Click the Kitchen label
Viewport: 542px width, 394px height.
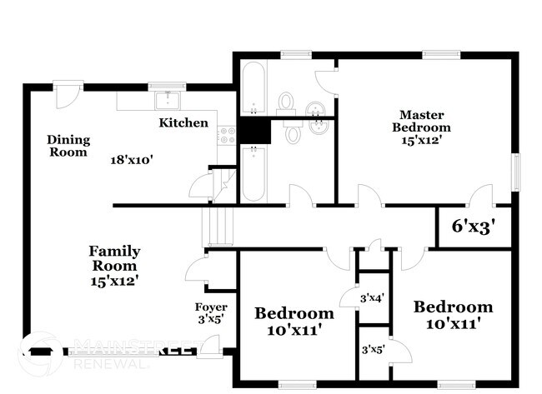(183, 122)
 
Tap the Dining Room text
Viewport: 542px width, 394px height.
(68, 146)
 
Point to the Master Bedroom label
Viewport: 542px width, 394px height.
(422, 127)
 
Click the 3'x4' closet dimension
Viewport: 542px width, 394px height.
(372, 297)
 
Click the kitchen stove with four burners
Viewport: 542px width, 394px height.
(226, 134)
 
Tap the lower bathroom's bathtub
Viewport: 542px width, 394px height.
(252, 173)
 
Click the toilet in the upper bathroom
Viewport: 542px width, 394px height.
(288, 103)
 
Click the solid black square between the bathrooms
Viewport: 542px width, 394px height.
(252, 131)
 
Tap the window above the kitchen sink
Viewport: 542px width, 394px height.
(160, 85)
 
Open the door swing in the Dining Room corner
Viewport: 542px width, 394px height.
(63, 93)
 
